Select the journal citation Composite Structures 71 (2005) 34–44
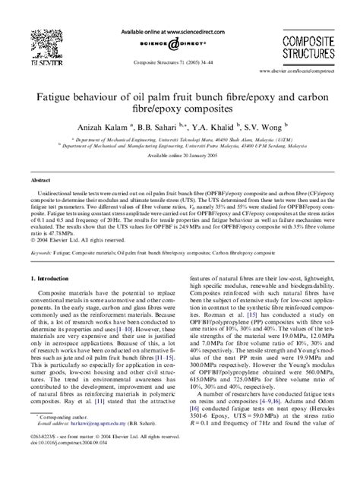pos(180,65)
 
